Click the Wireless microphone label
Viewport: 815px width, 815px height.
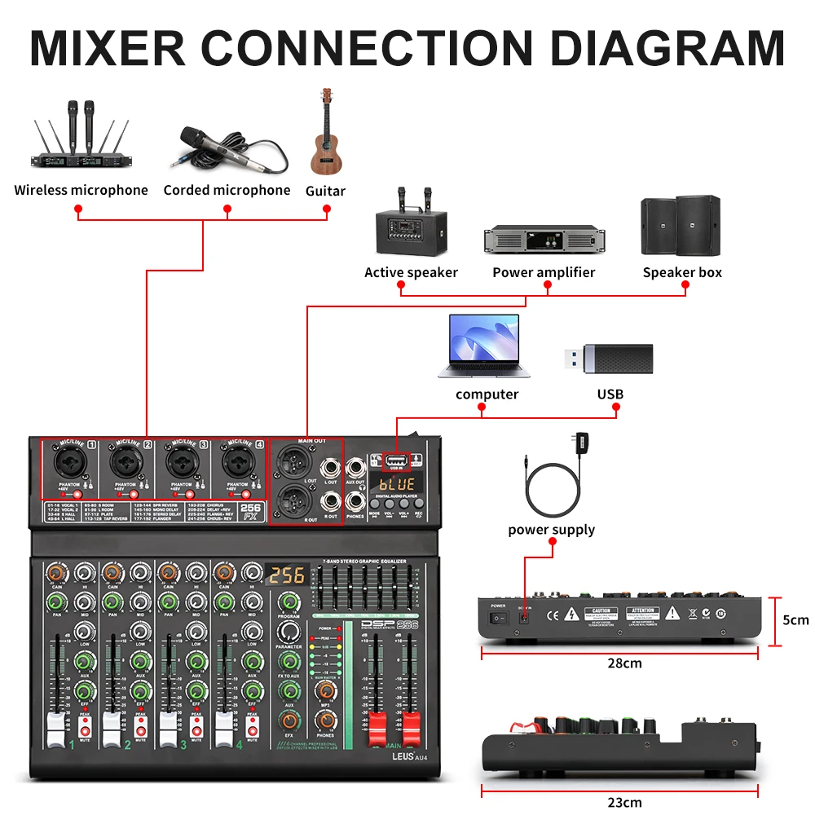point(81,190)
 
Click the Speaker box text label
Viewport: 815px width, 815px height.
point(682,272)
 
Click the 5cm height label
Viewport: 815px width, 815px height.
point(795,619)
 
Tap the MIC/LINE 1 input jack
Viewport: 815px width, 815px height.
point(68,463)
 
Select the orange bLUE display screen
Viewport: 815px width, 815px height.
point(397,484)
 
